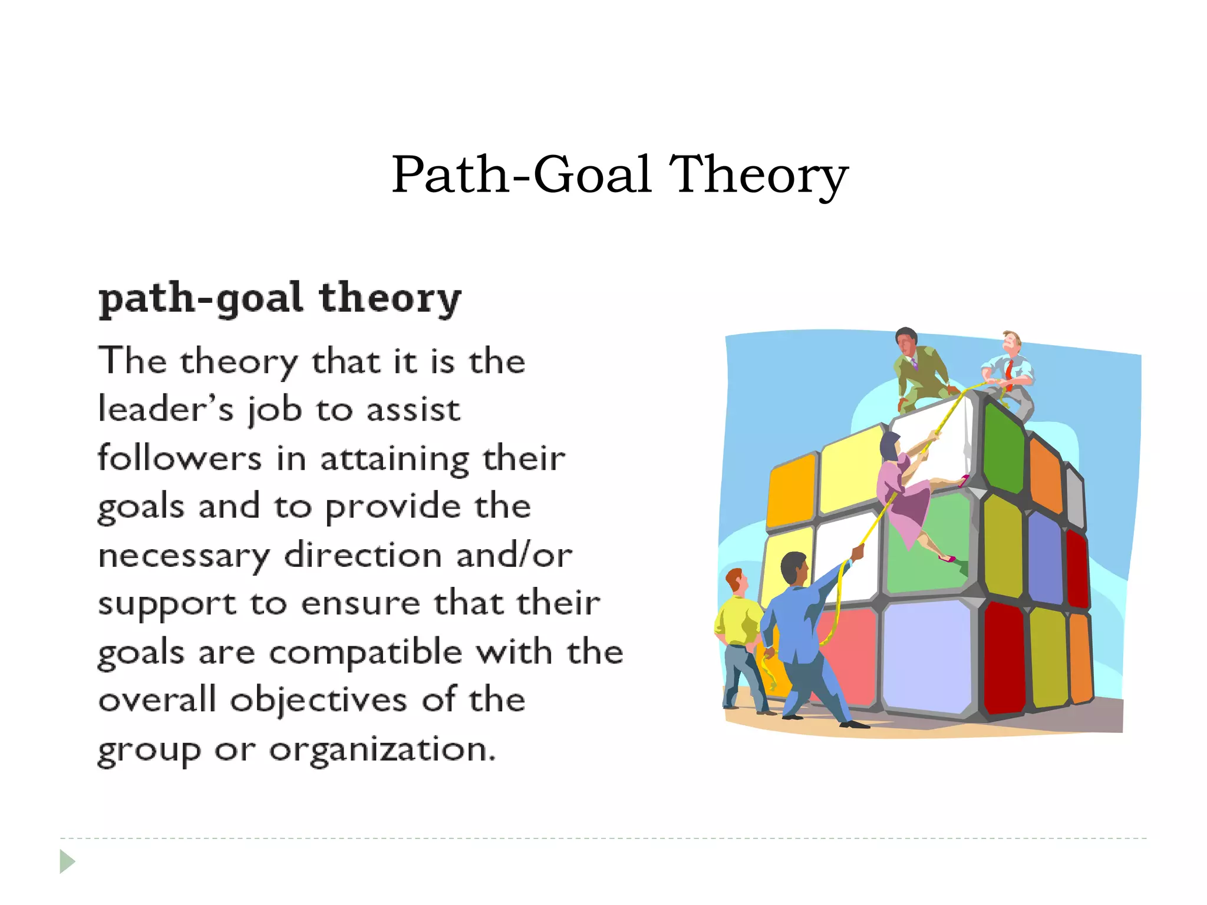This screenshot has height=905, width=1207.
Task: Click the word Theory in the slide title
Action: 759,174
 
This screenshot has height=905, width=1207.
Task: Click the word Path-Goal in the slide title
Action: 522,174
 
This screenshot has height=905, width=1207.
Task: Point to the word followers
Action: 179,458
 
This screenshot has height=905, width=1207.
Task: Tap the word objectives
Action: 318,701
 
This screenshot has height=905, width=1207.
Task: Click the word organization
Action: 382,750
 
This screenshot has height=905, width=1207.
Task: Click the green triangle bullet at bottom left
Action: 67,861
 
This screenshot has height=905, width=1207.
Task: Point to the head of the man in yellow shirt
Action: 735,581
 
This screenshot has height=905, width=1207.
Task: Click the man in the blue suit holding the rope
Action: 804,630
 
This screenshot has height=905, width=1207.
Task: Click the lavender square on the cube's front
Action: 926,654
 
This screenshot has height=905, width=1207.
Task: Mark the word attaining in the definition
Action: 394,459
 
